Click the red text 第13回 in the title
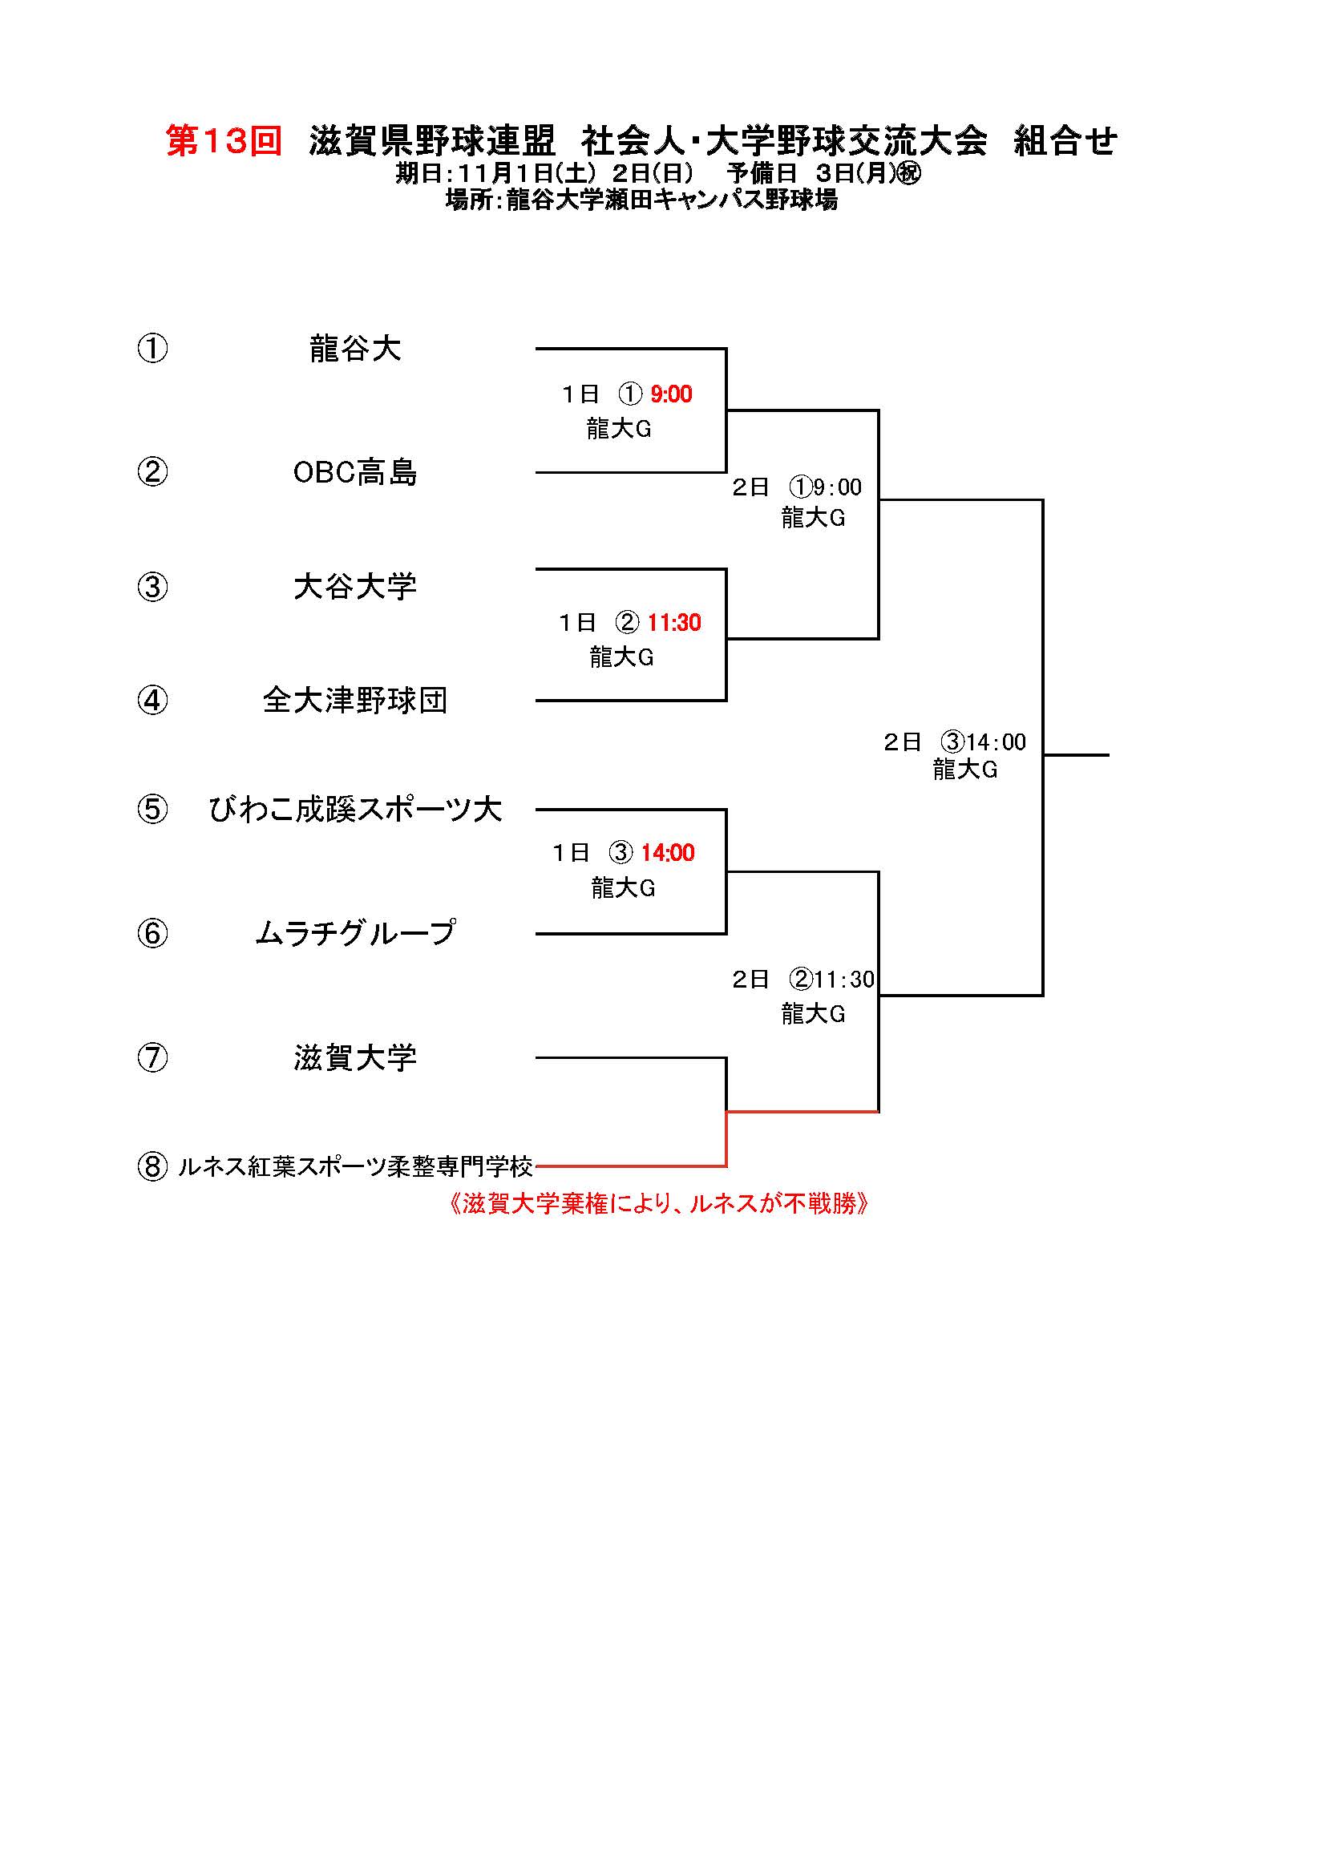click(224, 141)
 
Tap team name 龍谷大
click(355, 349)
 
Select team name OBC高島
click(355, 473)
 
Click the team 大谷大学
click(355, 586)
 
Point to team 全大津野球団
click(355, 700)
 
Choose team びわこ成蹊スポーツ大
click(355, 810)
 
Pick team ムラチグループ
click(355, 932)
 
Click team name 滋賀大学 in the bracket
click(355, 1057)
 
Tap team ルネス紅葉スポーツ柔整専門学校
click(355, 1167)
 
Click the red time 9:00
click(671, 394)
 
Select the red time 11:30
click(673, 623)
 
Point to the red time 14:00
click(667, 854)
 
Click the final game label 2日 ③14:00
click(955, 742)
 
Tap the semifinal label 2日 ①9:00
click(797, 487)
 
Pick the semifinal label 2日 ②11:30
click(802, 979)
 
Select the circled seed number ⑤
click(152, 810)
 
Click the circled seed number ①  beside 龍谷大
click(152, 349)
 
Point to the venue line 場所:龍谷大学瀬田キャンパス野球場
click(641, 200)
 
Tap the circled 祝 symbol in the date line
click(908, 174)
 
